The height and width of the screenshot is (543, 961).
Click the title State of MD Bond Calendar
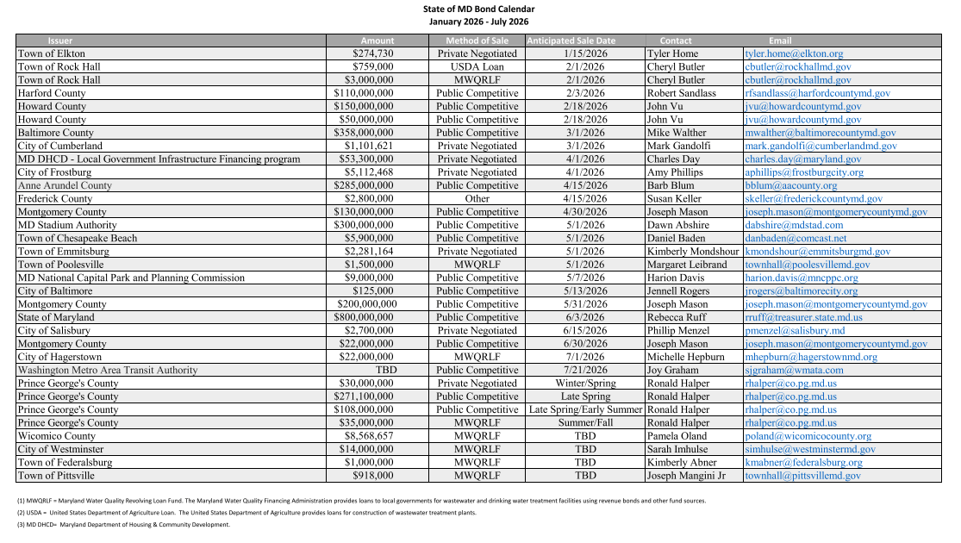[x=478, y=9]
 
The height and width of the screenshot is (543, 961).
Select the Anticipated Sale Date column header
[x=571, y=41]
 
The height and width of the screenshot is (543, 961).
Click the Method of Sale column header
[x=477, y=41]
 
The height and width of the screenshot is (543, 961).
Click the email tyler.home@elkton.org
[x=794, y=53]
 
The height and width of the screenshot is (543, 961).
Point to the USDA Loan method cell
[x=477, y=66]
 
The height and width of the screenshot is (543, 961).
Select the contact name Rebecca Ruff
[x=677, y=317]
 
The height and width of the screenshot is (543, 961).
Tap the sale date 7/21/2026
[x=585, y=370]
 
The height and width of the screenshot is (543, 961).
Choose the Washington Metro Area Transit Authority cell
[x=108, y=370]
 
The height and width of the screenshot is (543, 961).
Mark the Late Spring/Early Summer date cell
[x=585, y=409]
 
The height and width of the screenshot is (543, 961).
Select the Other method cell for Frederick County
[x=477, y=198]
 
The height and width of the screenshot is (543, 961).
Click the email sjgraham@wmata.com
[x=794, y=370]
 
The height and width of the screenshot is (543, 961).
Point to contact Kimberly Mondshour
[x=693, y=252]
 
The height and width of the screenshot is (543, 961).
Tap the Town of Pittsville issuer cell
[x=56, y=475]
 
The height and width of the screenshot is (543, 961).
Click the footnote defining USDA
[x=246, y=512]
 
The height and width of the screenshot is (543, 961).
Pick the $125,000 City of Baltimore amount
[x=374, y=291]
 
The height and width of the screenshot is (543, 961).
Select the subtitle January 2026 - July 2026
[x=478, y=22]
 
